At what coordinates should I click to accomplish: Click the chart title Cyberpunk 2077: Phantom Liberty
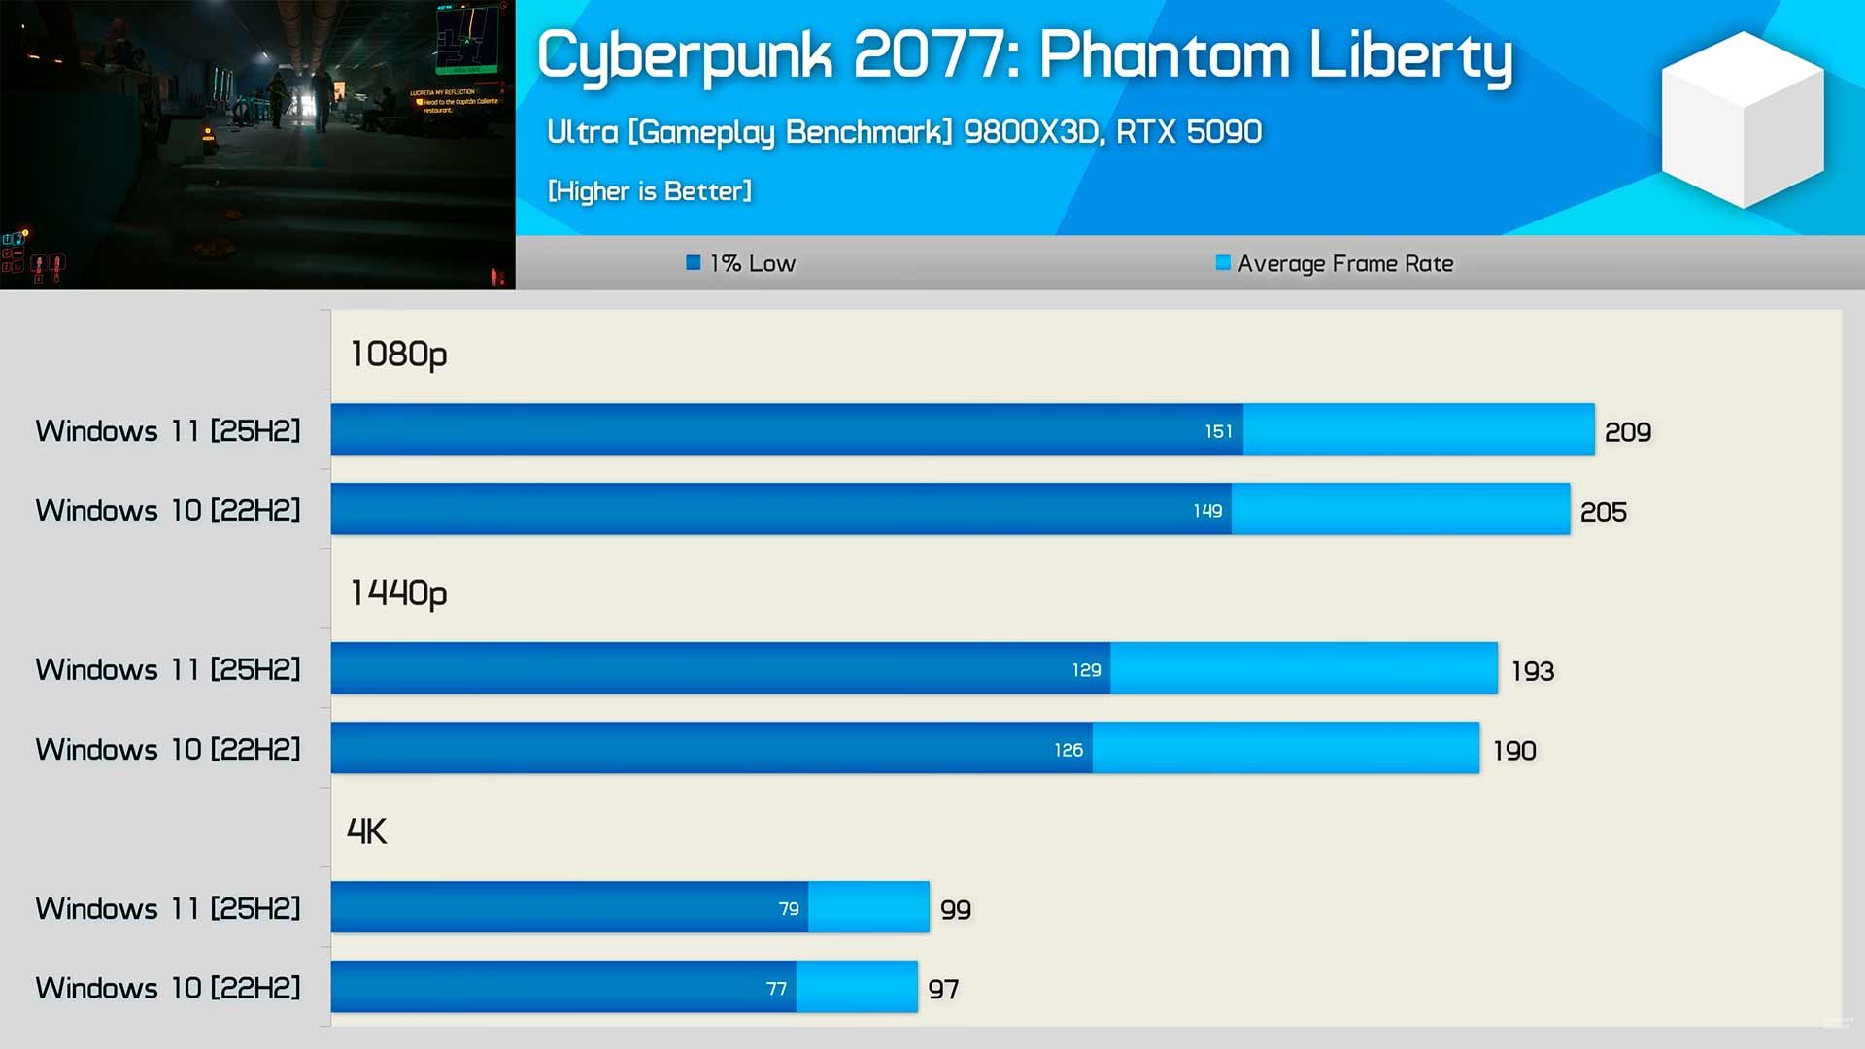pos(1025,56)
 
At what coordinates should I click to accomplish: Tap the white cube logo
pos(1743,118)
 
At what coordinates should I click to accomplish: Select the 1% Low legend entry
pos(741,263)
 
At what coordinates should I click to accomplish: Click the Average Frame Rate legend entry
pos(1335,263)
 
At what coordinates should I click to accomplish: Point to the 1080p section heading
pos(398,355)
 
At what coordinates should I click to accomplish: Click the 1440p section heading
pos(398,592)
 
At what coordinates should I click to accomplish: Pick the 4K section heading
pos(367,831)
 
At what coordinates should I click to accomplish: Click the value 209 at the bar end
pos(1627,431)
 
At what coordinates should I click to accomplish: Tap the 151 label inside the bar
pos(1218,431)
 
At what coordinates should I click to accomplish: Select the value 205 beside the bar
pos(1603,511)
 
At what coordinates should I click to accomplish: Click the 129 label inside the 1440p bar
pos(1086,670)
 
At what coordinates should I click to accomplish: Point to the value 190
pos(1514,750)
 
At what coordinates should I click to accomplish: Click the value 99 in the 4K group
pos(956,909)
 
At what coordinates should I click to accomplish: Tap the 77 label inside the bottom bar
pos(776,989)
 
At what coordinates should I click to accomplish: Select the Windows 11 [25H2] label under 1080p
pos(168,430)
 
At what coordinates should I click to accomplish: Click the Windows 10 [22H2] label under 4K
pos(168,988)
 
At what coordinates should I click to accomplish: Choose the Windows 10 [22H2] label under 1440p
pos(168,749)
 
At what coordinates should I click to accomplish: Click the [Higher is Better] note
pos(650,191)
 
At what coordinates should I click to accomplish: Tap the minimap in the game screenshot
pos(467,39)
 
